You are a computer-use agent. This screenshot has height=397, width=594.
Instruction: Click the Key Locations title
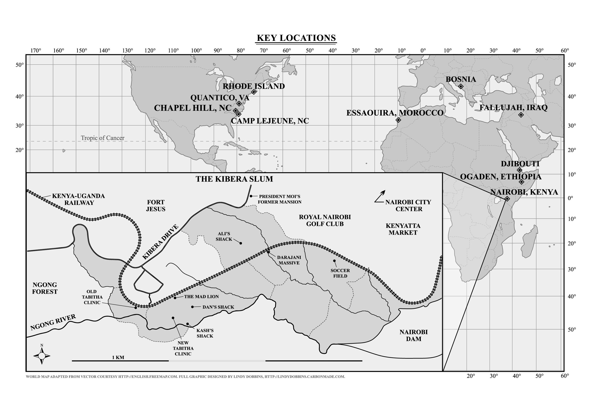pos(296,38)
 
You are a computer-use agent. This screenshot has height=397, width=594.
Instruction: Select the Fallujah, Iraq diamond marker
pos(521,115)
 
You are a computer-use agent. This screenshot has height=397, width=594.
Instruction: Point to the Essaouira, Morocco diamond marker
pos(398,120)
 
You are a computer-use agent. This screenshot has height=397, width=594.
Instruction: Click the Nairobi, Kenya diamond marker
pos(507,199)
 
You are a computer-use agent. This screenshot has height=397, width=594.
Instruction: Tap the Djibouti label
pos(520,164)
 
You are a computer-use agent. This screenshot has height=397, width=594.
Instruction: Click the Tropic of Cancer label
pos(102,138)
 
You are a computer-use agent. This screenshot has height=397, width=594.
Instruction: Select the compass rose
pos(42,356)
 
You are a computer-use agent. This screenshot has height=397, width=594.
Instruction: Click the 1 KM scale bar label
pos(118,358)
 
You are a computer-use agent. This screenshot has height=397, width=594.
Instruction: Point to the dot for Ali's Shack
pos(241,243)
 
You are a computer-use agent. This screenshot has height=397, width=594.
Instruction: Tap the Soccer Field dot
pos(334,261)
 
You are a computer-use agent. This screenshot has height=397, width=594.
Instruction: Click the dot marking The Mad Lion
pos(175,298)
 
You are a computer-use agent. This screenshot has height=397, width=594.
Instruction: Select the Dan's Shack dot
pos(192,307)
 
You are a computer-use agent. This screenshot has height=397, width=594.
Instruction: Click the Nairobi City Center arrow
pos(380,197)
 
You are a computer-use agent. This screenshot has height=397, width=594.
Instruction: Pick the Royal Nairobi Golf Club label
pos(325,221)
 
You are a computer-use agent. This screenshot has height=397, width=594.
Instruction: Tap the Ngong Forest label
pos(45,288)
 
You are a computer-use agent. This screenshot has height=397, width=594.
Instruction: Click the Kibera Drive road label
pos(160,242)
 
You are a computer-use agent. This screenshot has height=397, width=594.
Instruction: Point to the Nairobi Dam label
pos(413,336)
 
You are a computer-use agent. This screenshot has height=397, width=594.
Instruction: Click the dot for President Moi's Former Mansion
pos(251,196)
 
